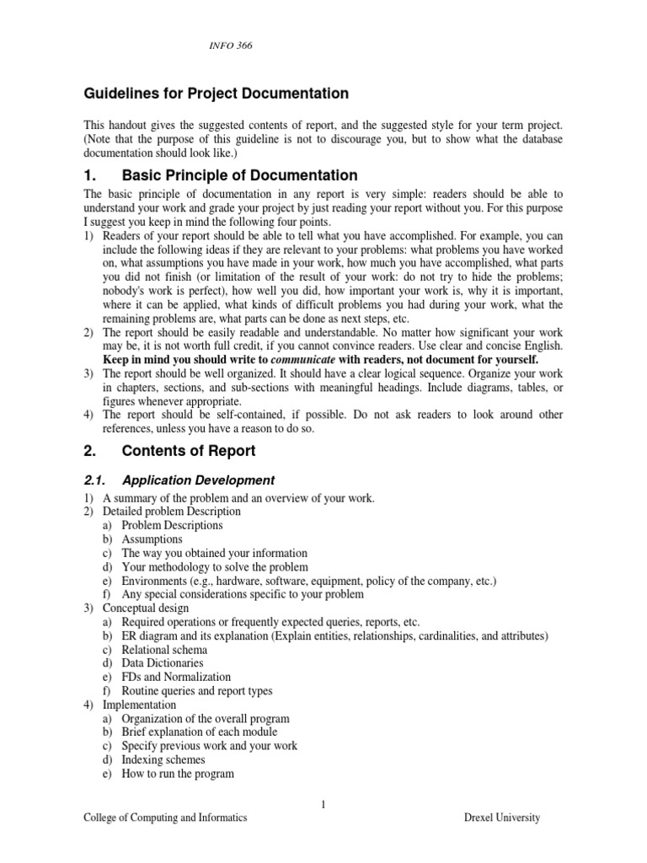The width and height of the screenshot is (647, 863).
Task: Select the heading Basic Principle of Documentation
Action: (240, 175)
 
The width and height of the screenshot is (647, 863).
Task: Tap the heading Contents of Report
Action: (189, 451)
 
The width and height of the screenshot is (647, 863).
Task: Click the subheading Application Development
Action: (198, 480)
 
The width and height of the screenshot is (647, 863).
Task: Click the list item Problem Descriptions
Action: (172, 525)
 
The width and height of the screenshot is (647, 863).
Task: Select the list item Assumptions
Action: (152, 539)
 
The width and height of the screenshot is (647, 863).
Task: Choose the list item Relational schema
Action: (164, 650)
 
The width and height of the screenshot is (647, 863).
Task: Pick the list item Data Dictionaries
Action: (163, 663)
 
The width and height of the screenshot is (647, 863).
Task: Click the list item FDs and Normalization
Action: (176, 677)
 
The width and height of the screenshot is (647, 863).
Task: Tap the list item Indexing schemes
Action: (163, 760)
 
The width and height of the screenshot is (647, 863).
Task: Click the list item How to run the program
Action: (178, 774)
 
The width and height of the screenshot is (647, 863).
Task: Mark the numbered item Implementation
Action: (140, 705)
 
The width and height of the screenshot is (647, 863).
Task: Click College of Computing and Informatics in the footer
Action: (165, 817)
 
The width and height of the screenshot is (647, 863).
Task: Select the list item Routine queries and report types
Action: (197, 691)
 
